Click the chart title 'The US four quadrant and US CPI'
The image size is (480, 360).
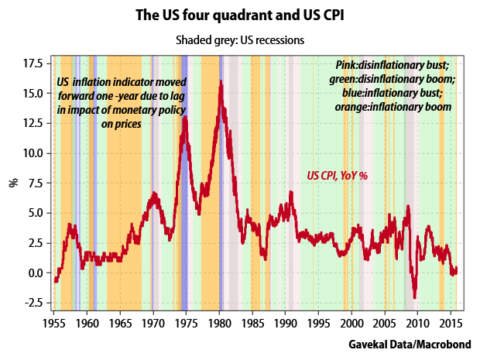coord(239,15)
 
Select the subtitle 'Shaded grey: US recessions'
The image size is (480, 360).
coord(239,39)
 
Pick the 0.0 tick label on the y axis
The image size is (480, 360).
coord(34,273)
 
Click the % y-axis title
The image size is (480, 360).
coord(12,183)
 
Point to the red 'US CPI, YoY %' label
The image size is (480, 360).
coord(338,176)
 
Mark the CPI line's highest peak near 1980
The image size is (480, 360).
coord(221,81)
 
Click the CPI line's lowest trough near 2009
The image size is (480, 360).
coord(415,297)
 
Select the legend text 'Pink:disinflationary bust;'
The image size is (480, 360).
coord(396,65)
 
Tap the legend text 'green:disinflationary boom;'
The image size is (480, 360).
coord(396,79)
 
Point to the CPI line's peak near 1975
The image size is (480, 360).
coord(184,118)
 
